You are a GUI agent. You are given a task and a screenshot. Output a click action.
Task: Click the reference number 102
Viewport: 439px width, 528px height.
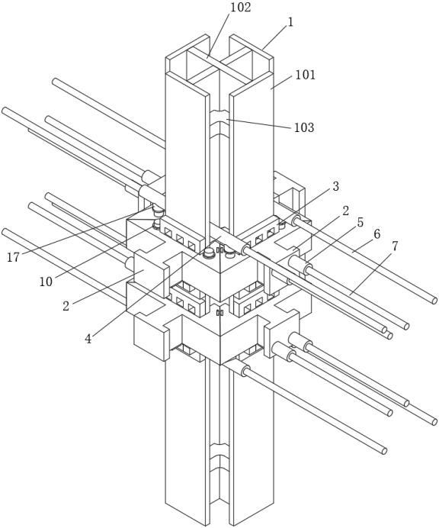[x=240, y=8]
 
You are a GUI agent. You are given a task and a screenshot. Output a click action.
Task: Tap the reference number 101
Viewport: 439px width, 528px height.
[x=306, y=75]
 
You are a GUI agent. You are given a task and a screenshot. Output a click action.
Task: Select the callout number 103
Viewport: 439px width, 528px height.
[x=304, y=127]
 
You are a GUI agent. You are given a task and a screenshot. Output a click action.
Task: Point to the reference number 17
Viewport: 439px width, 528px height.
[x=13, y=257]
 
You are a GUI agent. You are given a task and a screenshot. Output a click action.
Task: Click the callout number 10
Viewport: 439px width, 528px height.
[x=46, y=282]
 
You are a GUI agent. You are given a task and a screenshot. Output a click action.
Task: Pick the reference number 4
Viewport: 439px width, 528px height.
[x=88, y=339]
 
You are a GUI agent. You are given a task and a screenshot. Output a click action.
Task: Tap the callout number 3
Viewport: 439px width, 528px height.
[x=335, y=186]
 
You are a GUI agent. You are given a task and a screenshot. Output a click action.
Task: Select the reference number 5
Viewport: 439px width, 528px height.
[x=360, y=222]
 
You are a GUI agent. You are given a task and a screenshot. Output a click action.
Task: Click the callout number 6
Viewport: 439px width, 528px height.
[x=377, y=233]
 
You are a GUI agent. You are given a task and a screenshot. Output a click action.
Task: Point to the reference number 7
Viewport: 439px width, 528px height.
[x=395, y=246]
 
